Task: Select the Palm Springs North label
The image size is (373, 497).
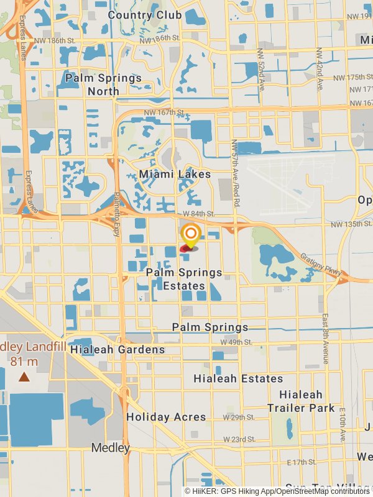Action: (103, 84)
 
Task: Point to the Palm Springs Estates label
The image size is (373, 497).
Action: (184, 279)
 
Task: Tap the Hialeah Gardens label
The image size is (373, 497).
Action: (117, 349)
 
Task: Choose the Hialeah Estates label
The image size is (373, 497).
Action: (238, 378)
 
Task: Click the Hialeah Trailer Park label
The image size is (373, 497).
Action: (301, 401)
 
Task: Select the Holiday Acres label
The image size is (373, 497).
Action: (166, 417)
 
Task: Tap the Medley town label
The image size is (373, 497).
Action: (111, 447)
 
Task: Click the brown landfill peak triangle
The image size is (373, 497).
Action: (24, 376)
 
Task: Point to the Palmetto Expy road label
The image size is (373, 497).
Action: (116, 214)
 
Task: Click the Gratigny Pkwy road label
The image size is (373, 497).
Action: (320, 264)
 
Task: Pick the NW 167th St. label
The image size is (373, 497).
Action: (164, 112)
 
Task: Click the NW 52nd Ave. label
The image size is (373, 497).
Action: (262, 70)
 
